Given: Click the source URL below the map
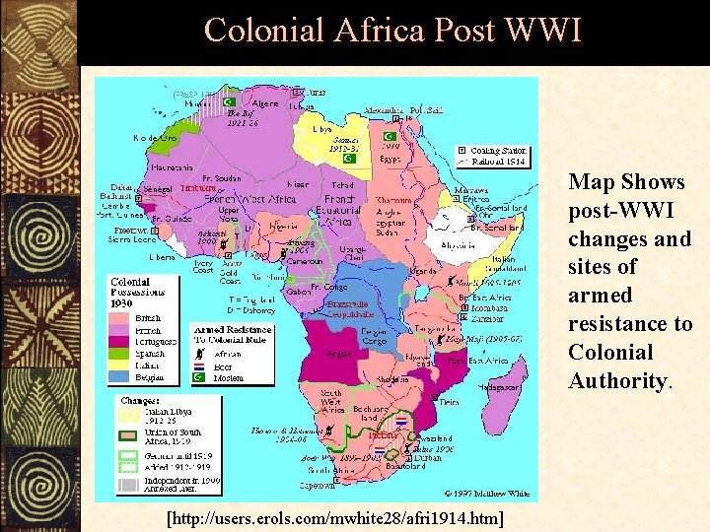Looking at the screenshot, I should (334, 518).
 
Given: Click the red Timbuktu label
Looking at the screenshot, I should (200, 187).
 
